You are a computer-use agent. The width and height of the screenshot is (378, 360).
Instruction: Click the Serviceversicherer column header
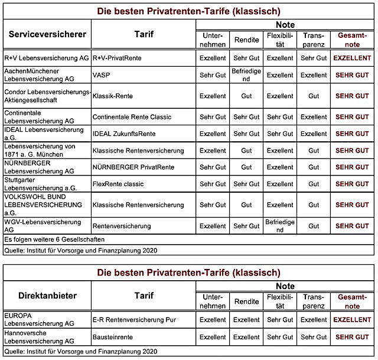click(47, 34)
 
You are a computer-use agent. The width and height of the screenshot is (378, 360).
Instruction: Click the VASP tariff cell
click(101, 75)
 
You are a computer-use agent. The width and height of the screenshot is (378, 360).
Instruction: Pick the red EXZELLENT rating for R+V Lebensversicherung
click(353, 59)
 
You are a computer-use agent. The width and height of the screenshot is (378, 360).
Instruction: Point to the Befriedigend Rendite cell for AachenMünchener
click(246, 75)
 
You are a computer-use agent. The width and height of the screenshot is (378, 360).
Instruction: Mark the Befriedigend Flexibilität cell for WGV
click(279, 226)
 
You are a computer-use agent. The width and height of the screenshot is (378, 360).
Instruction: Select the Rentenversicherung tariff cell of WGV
click(122, 226)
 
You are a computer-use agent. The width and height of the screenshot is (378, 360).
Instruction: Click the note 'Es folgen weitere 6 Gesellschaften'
click(54, 239)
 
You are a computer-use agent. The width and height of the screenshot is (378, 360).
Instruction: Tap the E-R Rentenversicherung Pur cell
click(135, 320)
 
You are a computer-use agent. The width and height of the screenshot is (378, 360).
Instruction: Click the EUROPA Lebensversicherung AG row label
click(39, 320)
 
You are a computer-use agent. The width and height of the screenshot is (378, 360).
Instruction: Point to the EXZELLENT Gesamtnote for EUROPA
click(353, 320)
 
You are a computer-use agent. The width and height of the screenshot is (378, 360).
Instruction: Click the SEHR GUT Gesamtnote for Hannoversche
click(353, 337)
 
